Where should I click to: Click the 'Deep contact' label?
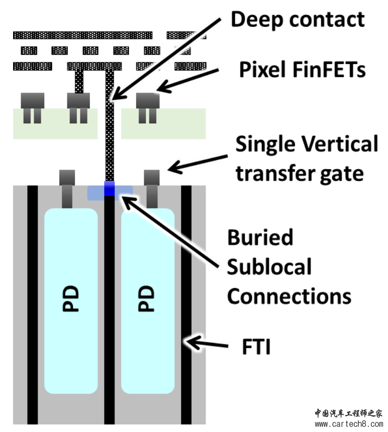coord(297,20)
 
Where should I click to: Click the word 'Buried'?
coord(260,237)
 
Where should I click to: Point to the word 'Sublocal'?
coord(269,267)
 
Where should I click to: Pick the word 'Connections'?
coord(289,296)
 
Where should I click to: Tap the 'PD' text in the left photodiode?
coord(71,299)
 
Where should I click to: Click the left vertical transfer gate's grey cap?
coord(67,177)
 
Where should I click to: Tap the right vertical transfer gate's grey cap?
coord(151,177)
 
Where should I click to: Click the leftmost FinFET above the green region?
coord(32,101)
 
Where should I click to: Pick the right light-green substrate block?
coord(163,123)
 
